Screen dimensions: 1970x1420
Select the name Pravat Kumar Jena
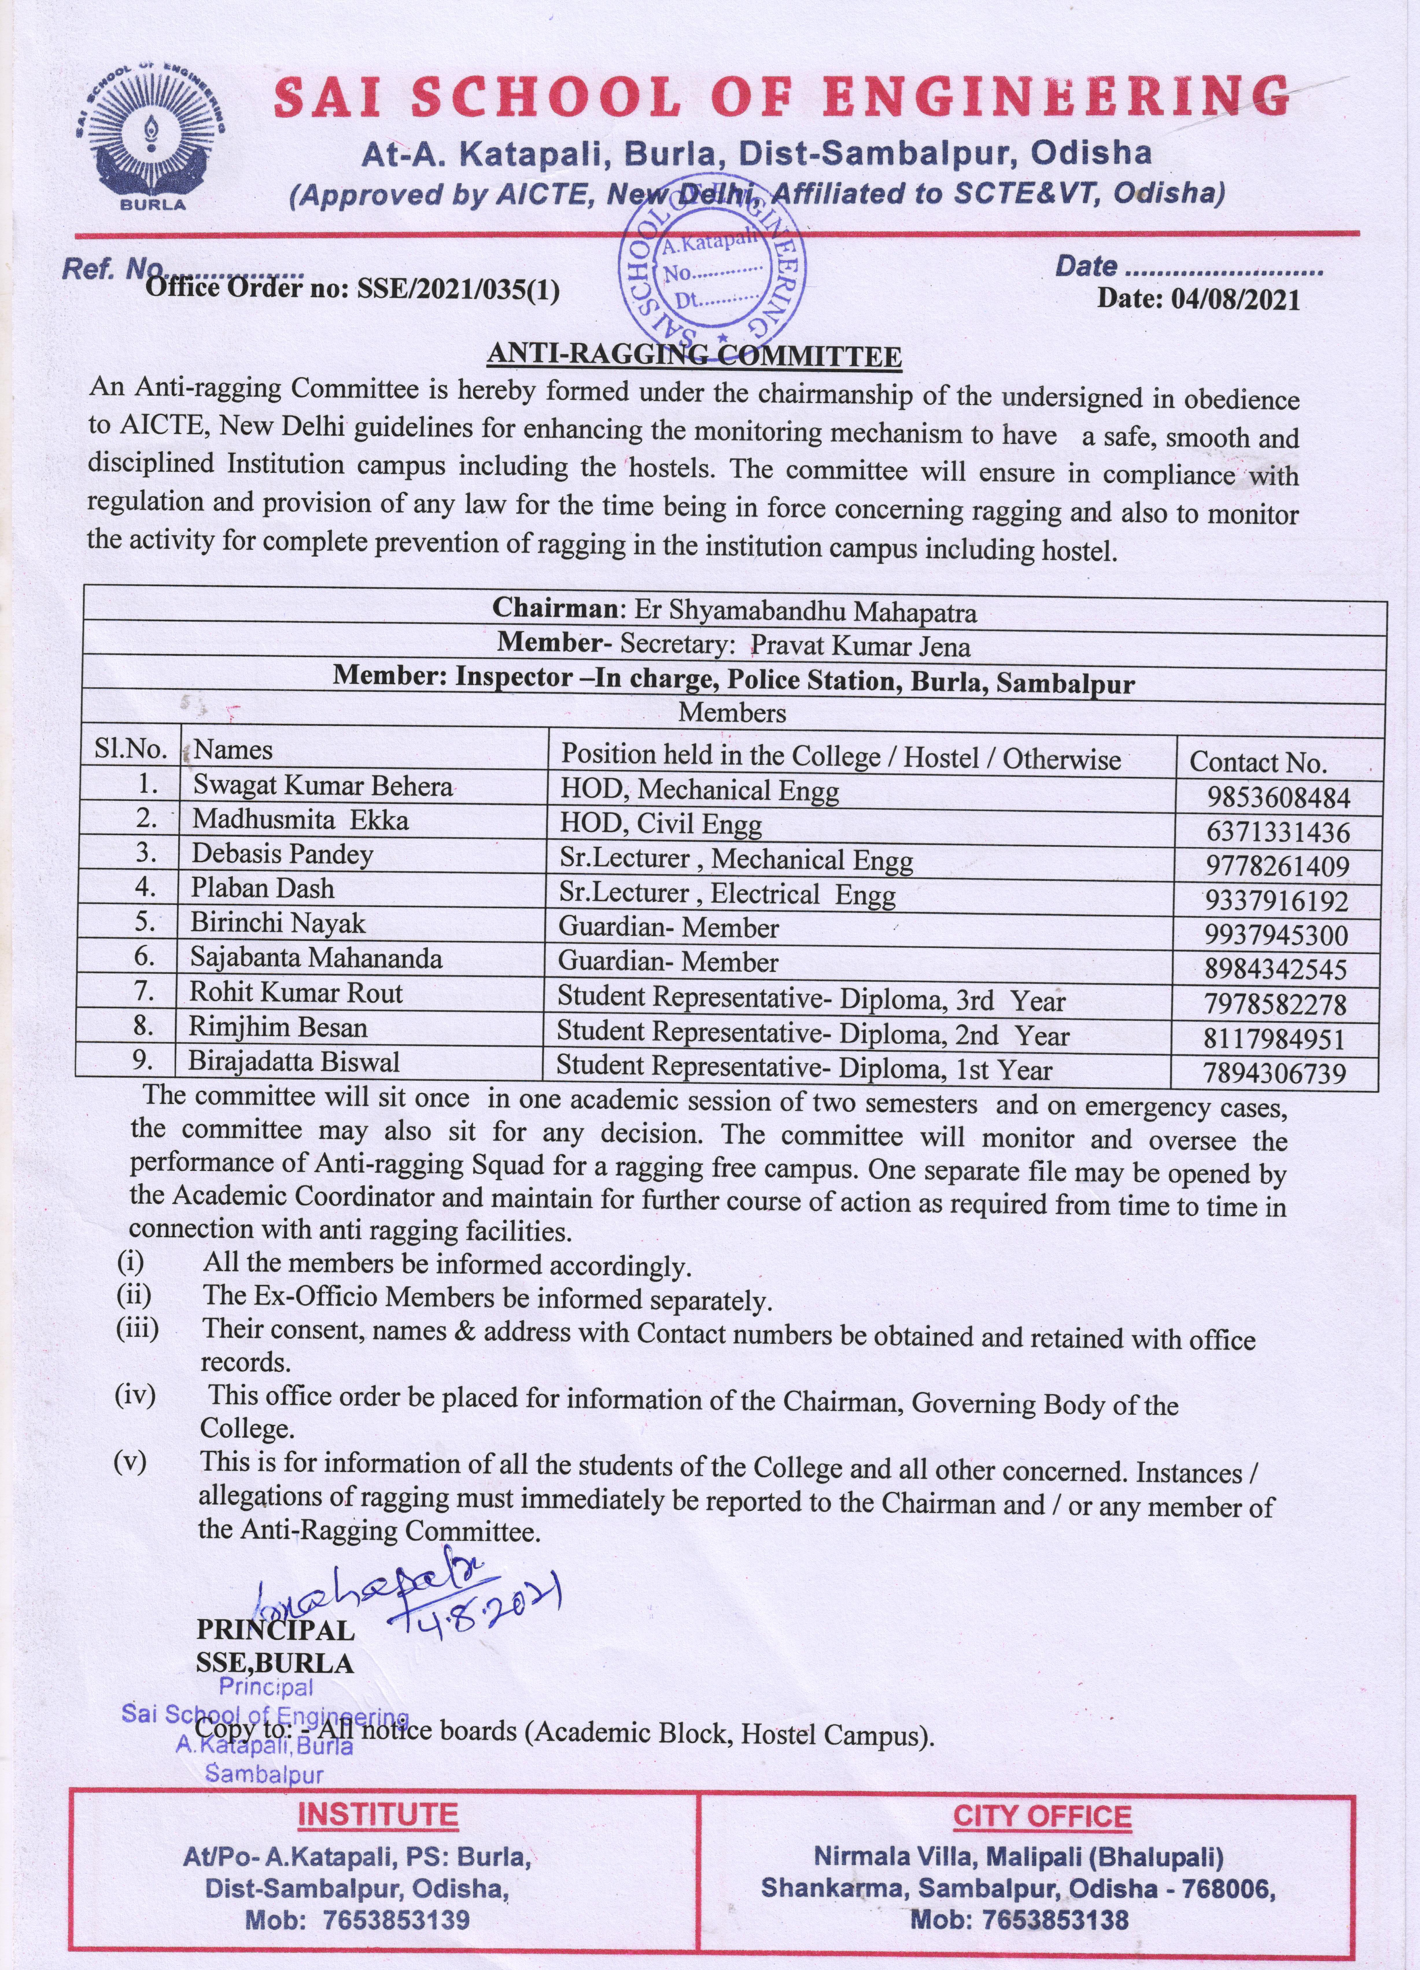click(x=860, y=646)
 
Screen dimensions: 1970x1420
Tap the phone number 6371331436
click(x=1277, y=832)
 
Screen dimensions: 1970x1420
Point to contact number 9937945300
click(x=1276, y=935)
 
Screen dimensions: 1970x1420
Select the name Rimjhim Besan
click(x=278, y=1028)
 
